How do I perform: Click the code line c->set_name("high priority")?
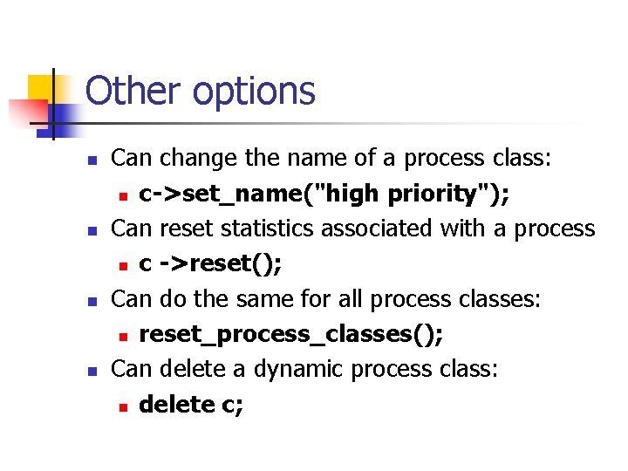(324, 194)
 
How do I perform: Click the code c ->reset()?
(210, 264)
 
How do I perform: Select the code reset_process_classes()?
(291, 335)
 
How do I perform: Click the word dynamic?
(297, 370)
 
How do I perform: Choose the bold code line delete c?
(191, 405)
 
